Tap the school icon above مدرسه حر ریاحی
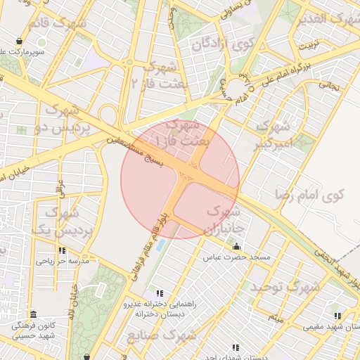[63, 250]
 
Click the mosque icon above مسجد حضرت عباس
[236, 247]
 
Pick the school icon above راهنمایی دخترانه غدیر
[160, 293]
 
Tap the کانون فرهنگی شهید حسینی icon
[33, 314]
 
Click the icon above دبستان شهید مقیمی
[338, 316]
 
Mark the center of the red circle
[181, 179]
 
